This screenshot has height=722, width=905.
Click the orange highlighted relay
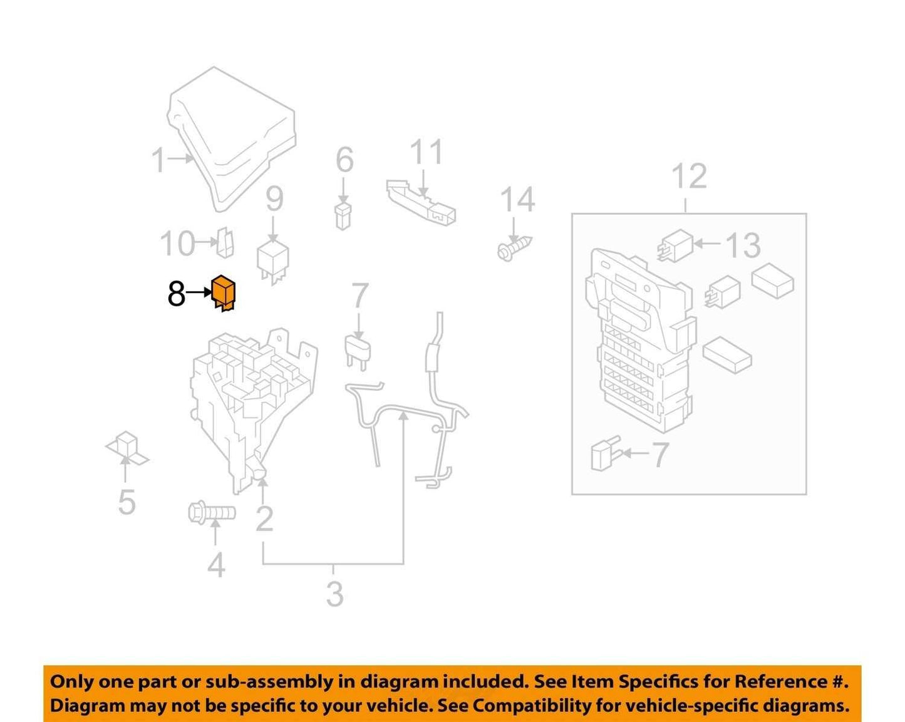coord(223,292)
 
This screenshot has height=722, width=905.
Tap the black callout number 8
coord(176,294)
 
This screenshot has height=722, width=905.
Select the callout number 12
coord(689,176)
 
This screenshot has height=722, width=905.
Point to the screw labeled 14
coord(514,249)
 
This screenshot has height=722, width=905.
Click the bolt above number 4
coord(212,513)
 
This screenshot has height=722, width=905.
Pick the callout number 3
coord(334,594)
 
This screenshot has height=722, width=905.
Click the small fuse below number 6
coord(343,216)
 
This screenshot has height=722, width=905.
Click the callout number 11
coord(426,152)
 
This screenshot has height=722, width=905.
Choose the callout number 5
coord(127,502)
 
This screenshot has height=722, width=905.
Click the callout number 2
coord(264,519)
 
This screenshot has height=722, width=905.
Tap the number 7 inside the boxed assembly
coord(659,455)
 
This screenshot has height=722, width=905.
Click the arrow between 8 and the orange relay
coord(199,292)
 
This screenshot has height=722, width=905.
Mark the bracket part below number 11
coord(420,202)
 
